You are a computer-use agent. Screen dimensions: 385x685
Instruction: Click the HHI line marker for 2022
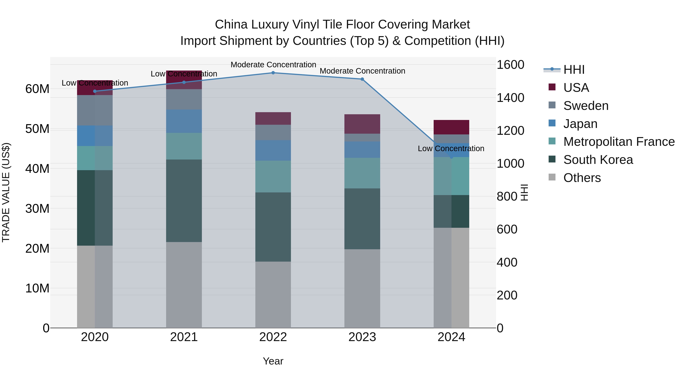point(273,73)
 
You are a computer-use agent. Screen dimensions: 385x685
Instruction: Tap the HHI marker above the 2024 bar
point(451,157)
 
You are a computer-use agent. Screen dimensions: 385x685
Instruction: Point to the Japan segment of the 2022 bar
point(273,150)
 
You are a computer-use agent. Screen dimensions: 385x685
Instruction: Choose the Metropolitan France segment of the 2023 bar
point(362,173)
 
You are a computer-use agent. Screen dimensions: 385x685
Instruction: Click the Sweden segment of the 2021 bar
point(184,99)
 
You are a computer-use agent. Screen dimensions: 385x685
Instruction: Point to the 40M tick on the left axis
point(37,169)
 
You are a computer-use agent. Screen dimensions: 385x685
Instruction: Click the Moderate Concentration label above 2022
point(273,65)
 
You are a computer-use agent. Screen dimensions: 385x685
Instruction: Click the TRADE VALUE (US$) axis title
point(6,192)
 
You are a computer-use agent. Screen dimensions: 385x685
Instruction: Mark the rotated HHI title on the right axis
point(524,192)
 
